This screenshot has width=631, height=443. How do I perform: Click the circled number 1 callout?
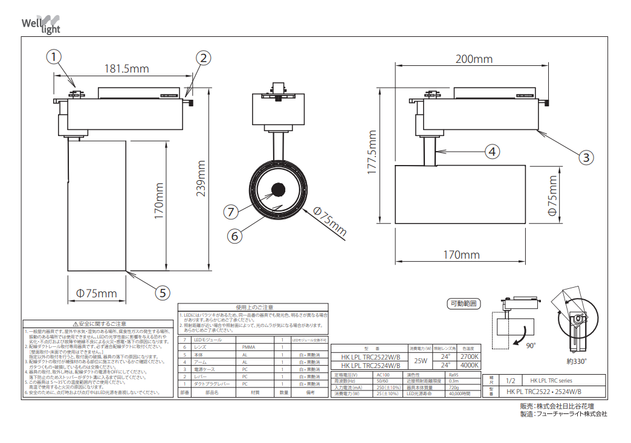pos(54,57)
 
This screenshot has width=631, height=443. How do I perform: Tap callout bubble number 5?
pos(161,293)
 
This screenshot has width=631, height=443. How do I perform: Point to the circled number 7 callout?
pos(230,212)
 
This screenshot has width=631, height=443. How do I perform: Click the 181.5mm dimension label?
pos(126,69)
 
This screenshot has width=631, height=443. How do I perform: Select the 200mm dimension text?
pos(474,59)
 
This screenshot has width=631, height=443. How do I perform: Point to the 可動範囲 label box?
pos(464,303)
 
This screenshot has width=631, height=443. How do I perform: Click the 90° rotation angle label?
pos(531,345)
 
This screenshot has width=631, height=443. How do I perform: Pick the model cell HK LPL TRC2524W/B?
pos(371,365)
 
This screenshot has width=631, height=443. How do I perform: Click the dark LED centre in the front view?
pos(279,189)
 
